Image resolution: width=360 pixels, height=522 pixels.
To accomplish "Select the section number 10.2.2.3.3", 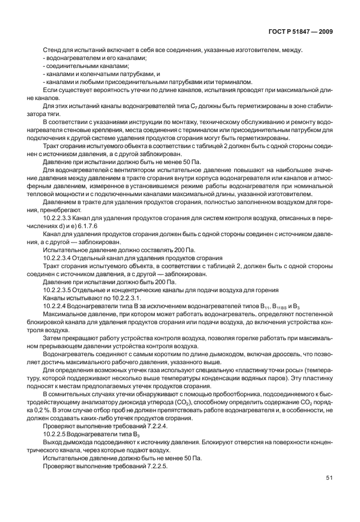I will tap(59, 234).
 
